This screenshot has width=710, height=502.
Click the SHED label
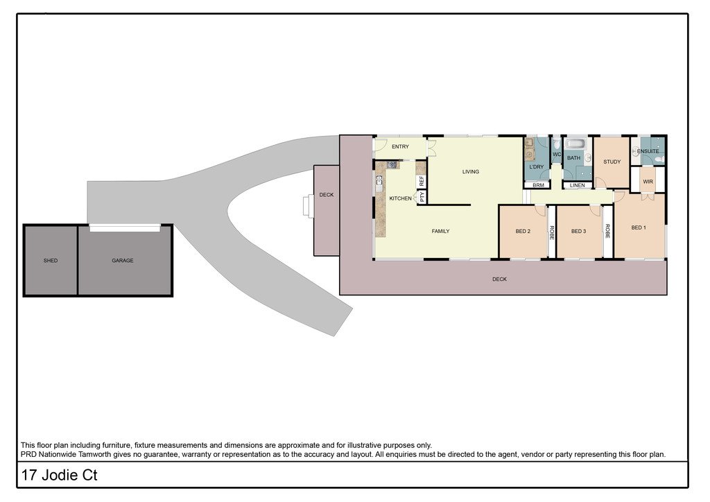50,261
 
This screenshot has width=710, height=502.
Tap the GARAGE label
122,261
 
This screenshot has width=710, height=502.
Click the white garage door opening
125,227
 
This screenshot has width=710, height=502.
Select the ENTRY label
400,147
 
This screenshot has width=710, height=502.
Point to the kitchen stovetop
392,165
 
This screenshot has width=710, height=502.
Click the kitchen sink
379,182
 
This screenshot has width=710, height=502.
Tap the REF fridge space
422,181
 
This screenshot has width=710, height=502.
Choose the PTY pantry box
422,196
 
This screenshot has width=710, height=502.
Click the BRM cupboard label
538,185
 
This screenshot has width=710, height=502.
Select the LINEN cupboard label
578,185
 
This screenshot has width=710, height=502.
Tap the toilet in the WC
557,145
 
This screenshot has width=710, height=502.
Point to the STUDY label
612,162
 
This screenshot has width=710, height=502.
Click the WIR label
648,182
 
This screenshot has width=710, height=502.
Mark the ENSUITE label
648,151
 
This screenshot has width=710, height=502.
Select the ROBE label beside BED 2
552,232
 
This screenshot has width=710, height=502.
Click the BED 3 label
579,232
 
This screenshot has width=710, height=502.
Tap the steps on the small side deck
309,207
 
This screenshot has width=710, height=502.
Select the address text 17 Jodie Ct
60,475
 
